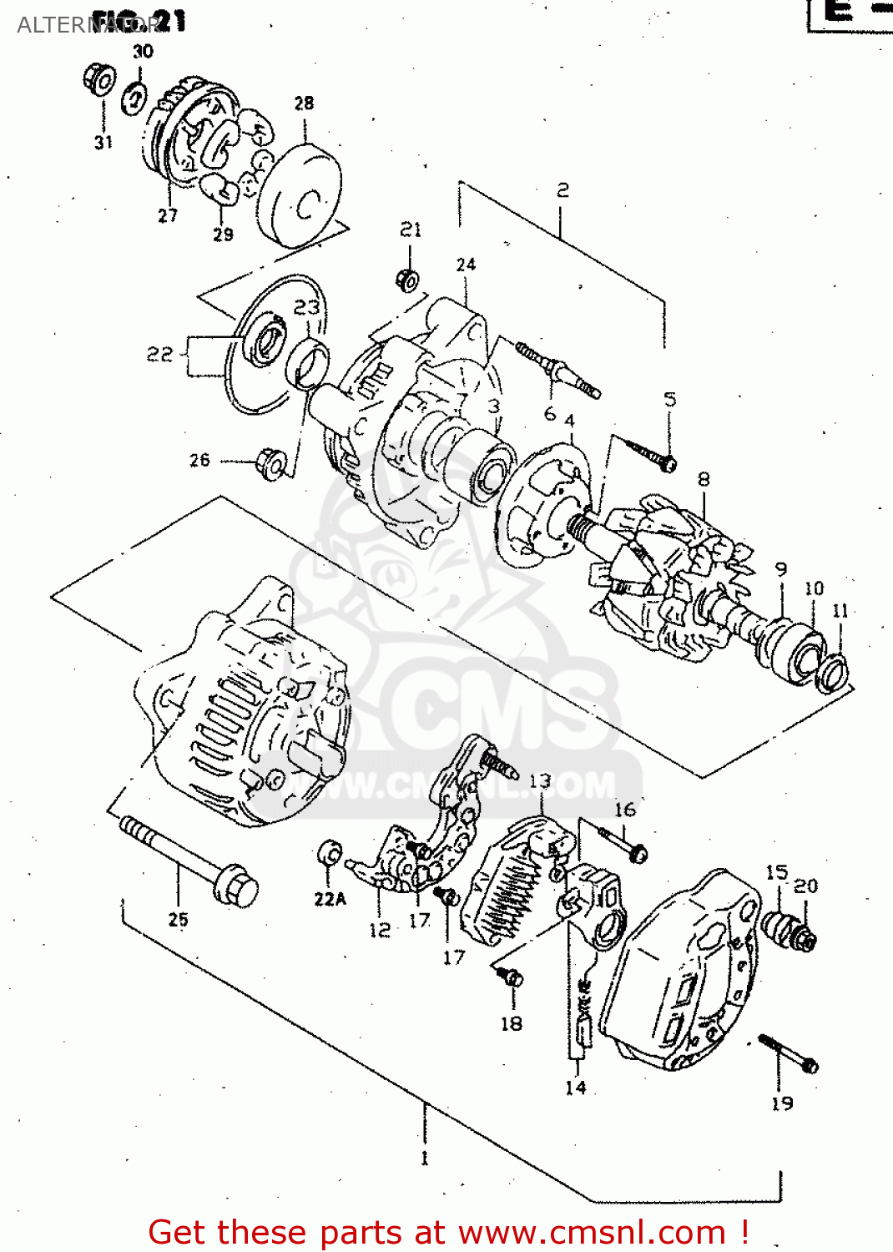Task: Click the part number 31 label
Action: tap(103, 143)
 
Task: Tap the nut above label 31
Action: tap(100, 79)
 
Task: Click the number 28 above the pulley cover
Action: tap(304, 103)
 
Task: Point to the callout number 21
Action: tap(411, 230)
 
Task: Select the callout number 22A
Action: tap(330, 899)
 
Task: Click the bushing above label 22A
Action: tap(330, 855)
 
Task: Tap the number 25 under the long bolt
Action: tap(179, 920)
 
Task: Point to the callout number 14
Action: tap(575, 1088)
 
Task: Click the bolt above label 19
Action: tap(788, 1053)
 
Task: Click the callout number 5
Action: tap(670, 399)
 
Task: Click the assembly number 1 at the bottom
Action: tap(424, 1158)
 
